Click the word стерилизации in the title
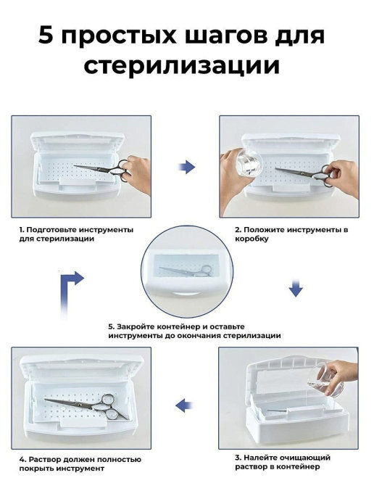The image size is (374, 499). coord(182,65)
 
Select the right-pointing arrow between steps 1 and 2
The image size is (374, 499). coord(186,166)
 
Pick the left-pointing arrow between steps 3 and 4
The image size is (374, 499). coord(184,405)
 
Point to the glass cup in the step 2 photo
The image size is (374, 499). coord(249,163)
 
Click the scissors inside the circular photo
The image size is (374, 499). coord(186,271)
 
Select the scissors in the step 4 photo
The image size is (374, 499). coord(87,405)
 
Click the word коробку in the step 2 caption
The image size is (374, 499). coord(252,239)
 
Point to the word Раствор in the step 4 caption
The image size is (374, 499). coord(44,459)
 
